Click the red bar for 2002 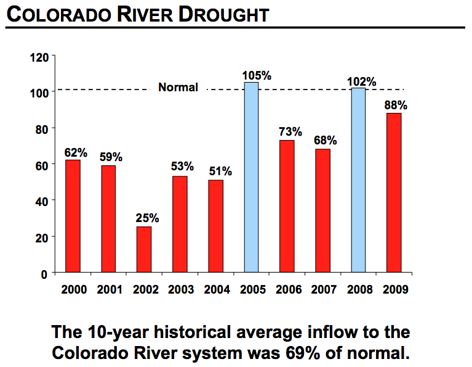(144, 249)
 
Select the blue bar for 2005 (251, 177)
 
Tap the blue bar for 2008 (358, 179)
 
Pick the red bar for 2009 (394, 192)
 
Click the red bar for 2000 (73, 216)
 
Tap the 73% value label (290, 132)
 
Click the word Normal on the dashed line (178, 88)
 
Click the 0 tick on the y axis (45, 273)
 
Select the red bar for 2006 (287, 206)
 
